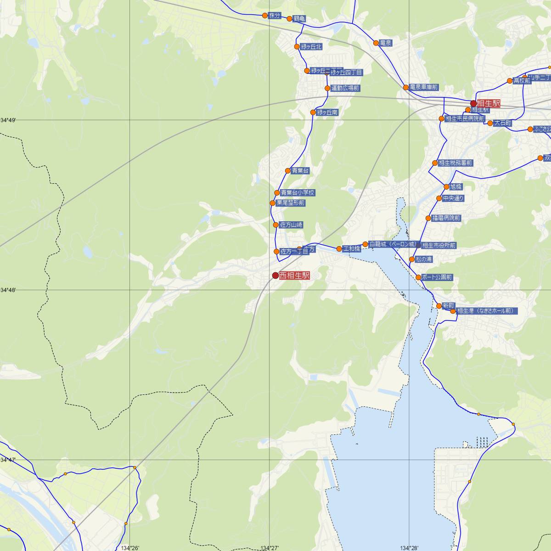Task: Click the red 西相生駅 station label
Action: [x=294, y=275]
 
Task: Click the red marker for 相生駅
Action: [x=473, y=103]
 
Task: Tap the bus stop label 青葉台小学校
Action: [x=298, y=193]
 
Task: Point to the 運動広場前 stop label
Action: [x=345, y=88]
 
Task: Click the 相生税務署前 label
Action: [x=455, y=163]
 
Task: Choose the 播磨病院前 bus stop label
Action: [x=446, y=218]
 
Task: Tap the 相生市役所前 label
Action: [x=439, y=246]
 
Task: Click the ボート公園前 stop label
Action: [x=437, y=277]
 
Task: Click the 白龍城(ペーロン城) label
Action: [x=393, y=244]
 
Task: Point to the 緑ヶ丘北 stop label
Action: [x=311, y=47]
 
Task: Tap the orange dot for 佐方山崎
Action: [x=275, y=225]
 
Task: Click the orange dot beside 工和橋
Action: [x=339, y=249]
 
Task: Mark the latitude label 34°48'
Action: [x=8, y=290]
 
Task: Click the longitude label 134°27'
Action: [x=270, y=548]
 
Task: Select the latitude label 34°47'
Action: [x=8, y=460]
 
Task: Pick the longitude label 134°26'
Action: [x=130, y=548]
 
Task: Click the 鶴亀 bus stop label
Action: [x=299, y=19]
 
